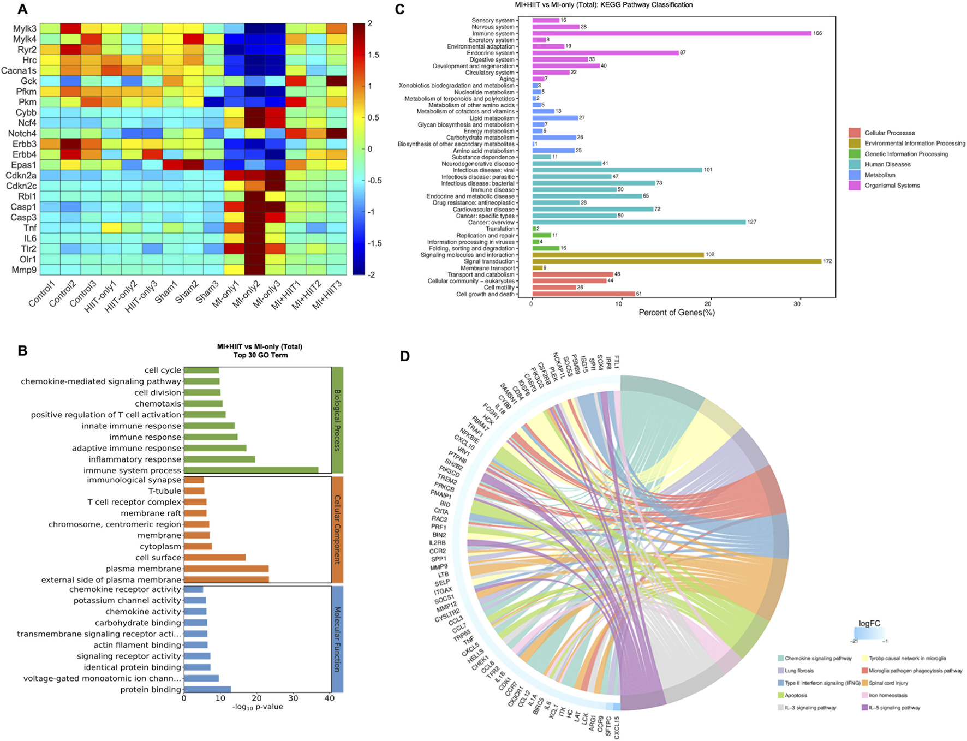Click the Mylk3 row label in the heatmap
tap(25, 28)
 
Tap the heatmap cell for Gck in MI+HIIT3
tap(336, 81)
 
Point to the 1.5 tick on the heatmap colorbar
tap(374, 55)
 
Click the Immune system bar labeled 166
tap(671, 33)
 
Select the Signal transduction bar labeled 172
tap(676, 261)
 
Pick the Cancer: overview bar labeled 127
tap(638, 222)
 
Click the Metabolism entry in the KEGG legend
tap(879, 175)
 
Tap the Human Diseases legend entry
tap(887, 164)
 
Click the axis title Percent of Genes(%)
tap(676, 313)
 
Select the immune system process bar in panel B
tap(251, 470)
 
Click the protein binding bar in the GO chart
tap(207, 690)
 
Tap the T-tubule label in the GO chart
tap(164, 491)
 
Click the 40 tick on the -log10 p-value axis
tap(329, 698)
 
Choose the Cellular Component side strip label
tap(337, 529)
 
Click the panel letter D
tap(405, 356)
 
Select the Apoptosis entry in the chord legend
tap(795, 695)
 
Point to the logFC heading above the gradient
tap(869, 623)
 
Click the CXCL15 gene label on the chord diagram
tap(617, 727)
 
